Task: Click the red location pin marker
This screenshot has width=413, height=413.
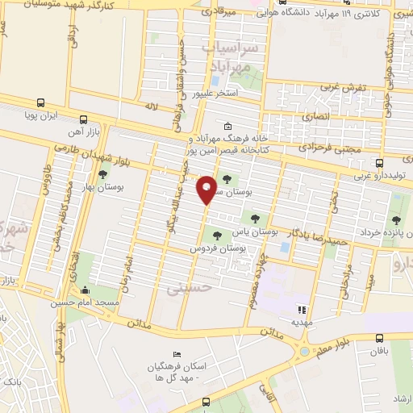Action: pos(206,189)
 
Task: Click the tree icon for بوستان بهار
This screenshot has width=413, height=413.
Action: pos(102,173)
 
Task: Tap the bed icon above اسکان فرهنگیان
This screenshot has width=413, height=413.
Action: pos(177,355)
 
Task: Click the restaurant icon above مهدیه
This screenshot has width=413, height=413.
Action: pos(302,309)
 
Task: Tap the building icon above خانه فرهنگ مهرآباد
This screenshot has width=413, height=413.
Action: pos(228,125)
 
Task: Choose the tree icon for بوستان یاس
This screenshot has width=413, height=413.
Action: pos(255,218)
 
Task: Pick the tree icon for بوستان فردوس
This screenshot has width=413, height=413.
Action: pos(216,236)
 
